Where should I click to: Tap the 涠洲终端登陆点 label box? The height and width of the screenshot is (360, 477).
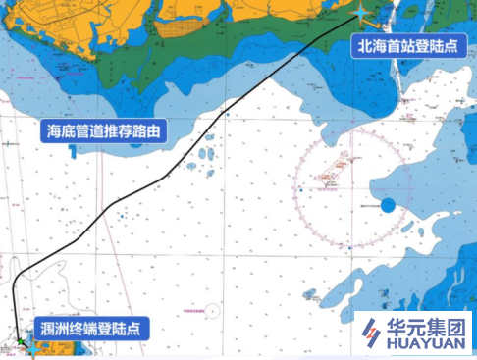click(90, 328)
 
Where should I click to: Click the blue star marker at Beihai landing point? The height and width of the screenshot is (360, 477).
click(364, 12)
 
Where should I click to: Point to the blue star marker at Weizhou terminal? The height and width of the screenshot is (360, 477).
click(31, 346)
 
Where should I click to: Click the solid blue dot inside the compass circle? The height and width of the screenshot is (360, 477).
click(388, 205)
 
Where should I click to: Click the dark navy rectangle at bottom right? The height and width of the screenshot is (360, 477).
click(412, 334)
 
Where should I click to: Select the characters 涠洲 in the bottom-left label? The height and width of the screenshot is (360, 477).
click(53, 328)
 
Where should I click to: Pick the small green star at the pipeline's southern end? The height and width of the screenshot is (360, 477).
click(19, 342)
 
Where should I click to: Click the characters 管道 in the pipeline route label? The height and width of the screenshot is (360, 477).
click(84, 129)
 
